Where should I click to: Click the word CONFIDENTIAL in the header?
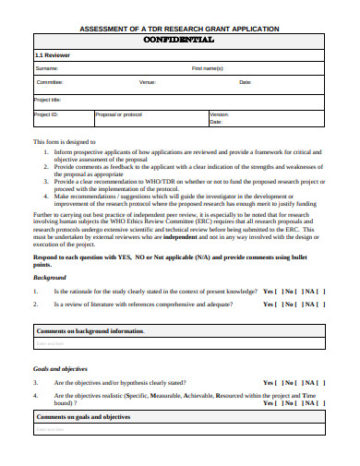180,42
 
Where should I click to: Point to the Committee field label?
50,82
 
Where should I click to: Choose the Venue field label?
147,82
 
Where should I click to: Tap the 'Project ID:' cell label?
46,114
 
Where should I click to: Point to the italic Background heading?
50,277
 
